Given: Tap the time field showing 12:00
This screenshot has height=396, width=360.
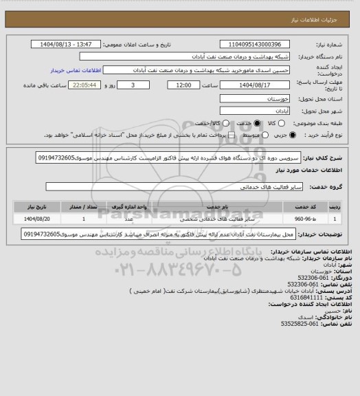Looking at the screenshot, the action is [183, 85].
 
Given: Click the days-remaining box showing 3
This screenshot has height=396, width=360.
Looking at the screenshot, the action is [132, 85].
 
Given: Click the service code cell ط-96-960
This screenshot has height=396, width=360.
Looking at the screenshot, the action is [308, 219].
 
